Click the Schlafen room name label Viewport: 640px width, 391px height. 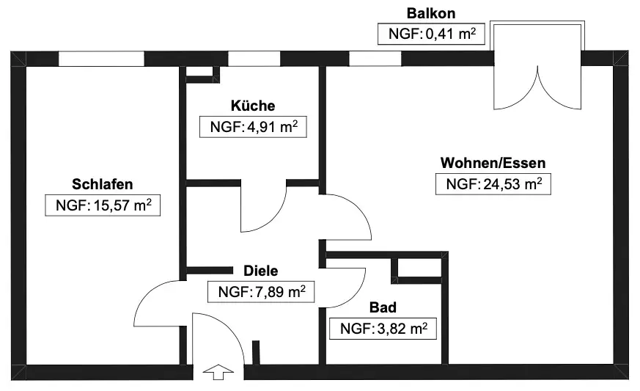tap(103, 183)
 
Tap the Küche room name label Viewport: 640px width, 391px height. tap(252, 106)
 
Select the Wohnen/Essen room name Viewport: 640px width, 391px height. tap(493, 163)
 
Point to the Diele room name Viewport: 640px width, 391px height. tap(261, 271)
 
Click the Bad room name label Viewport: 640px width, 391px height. tap(383, 308)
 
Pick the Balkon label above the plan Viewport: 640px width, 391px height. tap(431, 13)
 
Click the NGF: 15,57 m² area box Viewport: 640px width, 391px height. tap(103, 205)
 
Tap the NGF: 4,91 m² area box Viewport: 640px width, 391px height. tap(253, 126)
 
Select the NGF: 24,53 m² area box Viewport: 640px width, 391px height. tap(493, 184)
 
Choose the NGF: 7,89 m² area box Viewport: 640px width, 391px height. tap(261, 292)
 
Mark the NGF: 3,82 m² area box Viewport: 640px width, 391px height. tap(383, 329)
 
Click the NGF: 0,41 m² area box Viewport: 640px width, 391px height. tap(431, 34)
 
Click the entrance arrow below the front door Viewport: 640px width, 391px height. tap(218, 373)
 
